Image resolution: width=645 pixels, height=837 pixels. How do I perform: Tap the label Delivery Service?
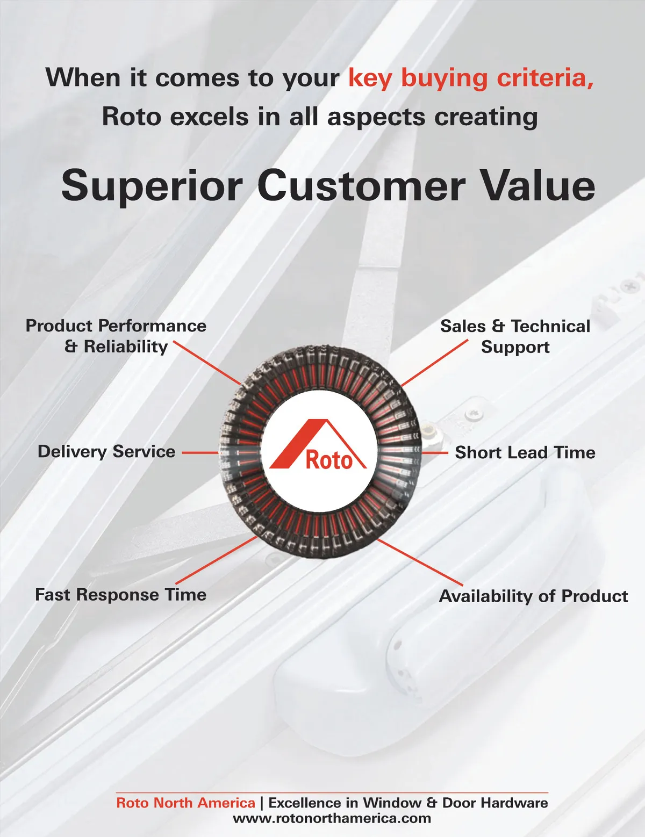click(106, 452)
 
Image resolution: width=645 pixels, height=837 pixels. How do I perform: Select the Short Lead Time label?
click(525, 452)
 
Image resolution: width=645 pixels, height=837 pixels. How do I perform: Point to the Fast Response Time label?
click(120, 594)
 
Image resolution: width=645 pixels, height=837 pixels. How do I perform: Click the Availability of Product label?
click(534, 596)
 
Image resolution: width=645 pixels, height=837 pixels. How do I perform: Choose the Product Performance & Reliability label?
click(116, 336)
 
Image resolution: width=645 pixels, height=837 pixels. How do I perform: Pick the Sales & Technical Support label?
click(515, 336)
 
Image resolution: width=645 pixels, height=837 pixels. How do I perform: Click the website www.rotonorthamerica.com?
click(332, 819)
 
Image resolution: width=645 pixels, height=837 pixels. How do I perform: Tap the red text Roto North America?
click(186, 803)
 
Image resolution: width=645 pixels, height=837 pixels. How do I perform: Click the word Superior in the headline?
click(152, 186)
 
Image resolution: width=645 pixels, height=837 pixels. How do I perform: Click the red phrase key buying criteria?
click(471, 78)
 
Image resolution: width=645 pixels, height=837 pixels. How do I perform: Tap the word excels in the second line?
click(210, 117)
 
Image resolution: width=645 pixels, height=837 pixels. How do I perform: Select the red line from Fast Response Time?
click(217, 560)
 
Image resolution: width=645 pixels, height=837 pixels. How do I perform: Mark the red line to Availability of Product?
click(420, 562)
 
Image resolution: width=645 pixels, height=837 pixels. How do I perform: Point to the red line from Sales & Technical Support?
click(435, 363)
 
